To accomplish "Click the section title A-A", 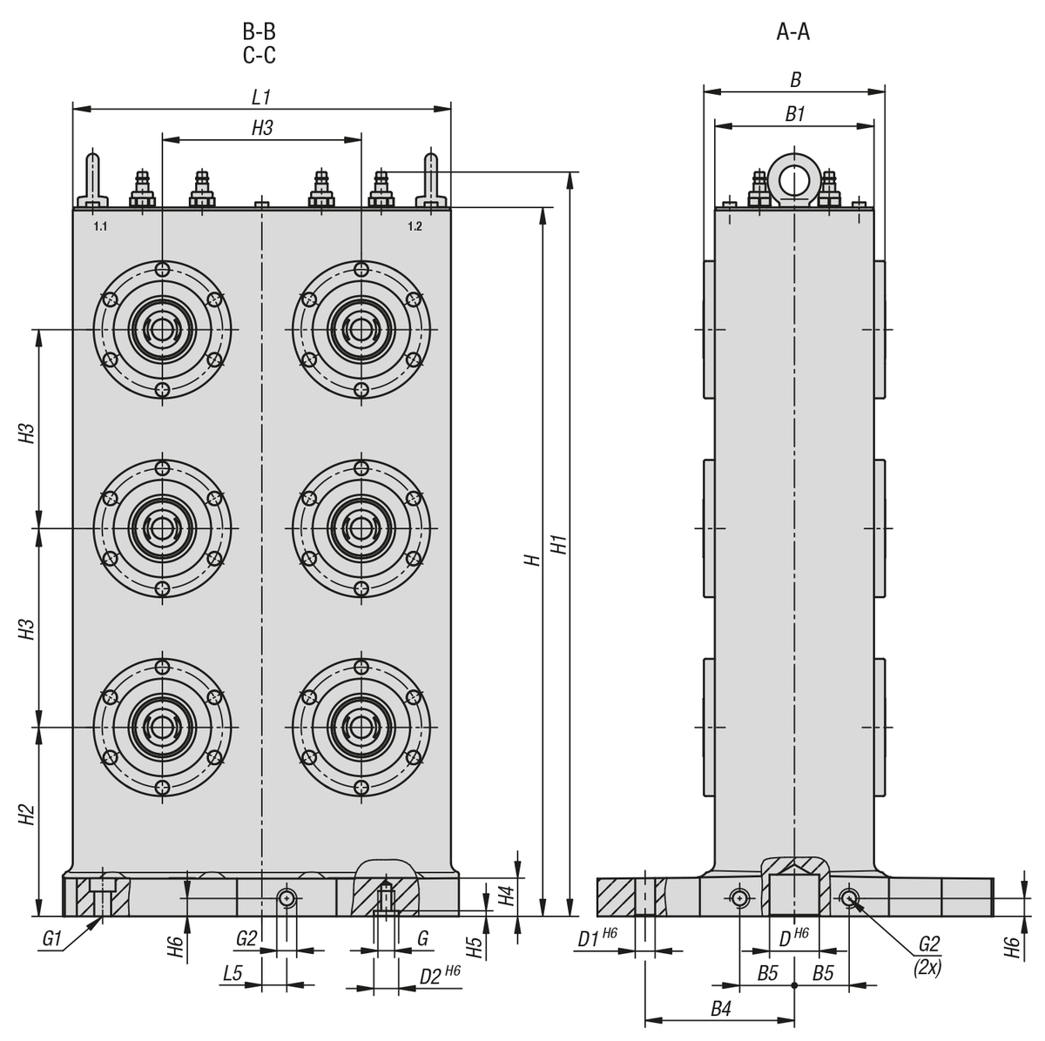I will click(793, 33).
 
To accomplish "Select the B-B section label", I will click(259, 33).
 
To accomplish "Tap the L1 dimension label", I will click(262, 96).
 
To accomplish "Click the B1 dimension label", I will click(794, 114).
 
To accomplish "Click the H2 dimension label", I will click(27, 815).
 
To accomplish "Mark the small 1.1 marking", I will click(100, 226).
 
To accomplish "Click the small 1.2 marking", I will click(415, 226).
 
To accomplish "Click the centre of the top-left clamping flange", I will click(162, 330).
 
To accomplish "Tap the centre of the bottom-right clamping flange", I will click(361, 727).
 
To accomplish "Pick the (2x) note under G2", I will click(927, 965).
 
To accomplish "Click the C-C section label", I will click(259, 56).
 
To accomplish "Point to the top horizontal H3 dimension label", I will click(262, 128).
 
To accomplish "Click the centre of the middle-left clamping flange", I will click(162, 528).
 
